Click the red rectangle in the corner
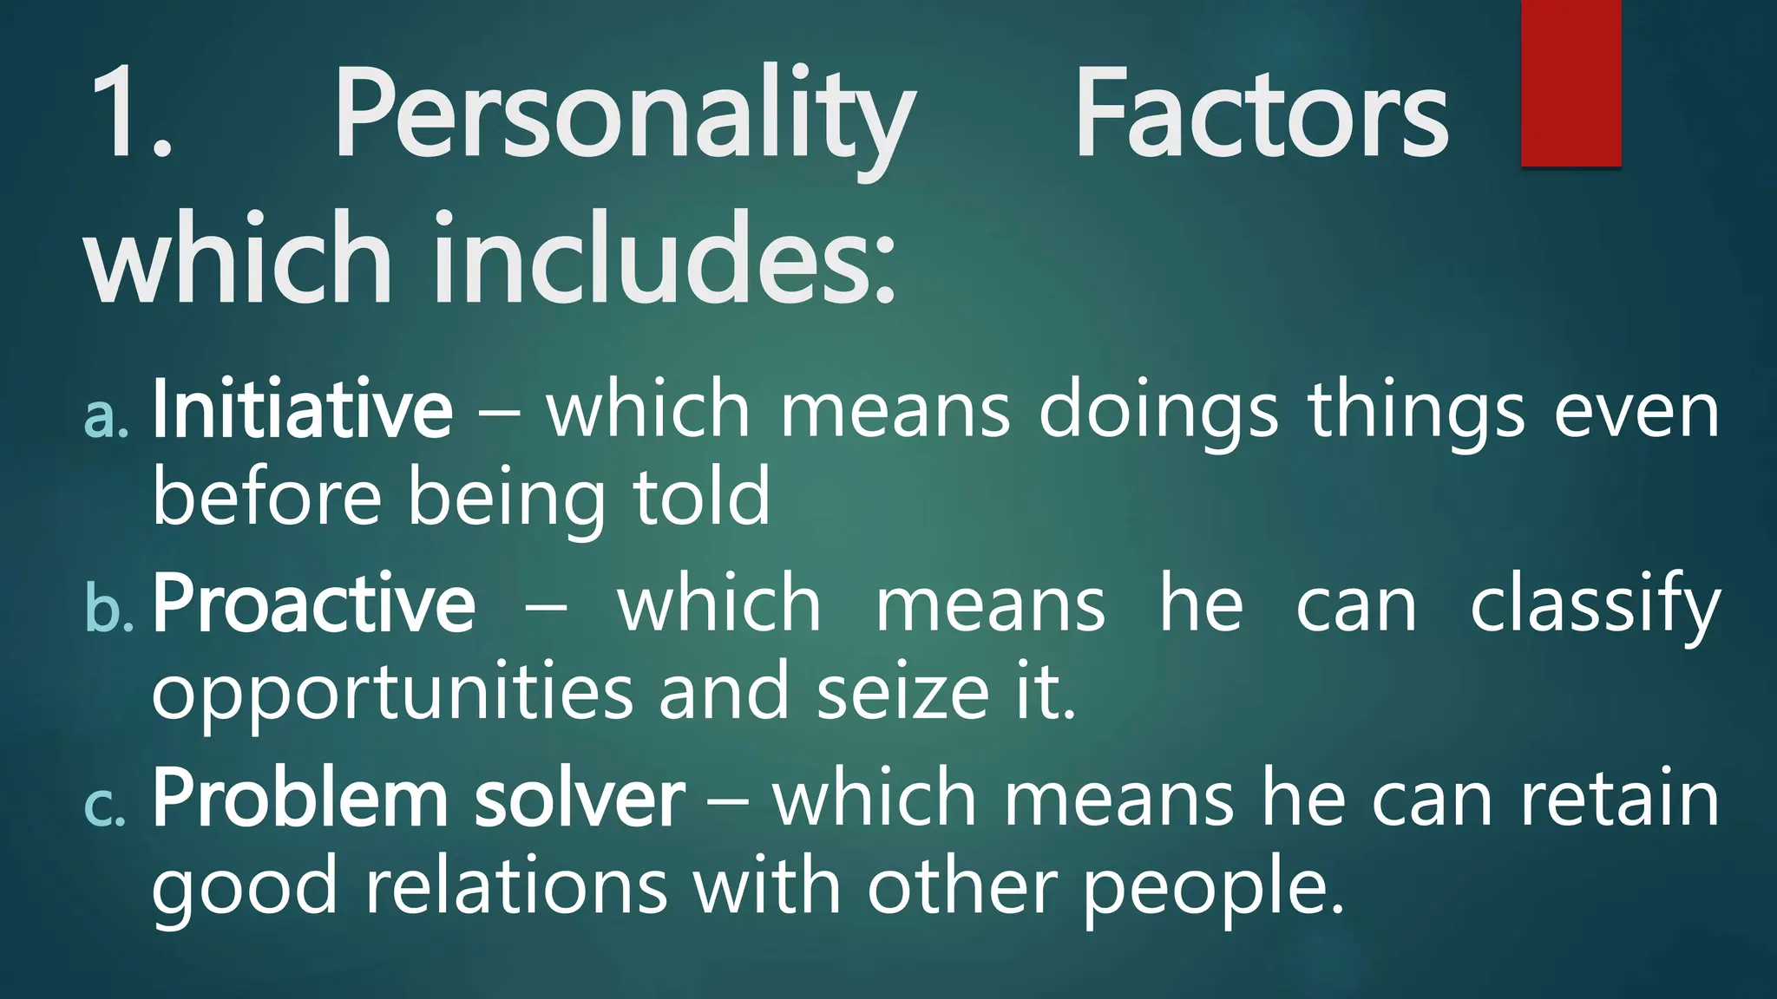coord(1571,82)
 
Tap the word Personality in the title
coord(625,117)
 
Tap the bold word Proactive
coord(314,603)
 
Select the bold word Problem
coord(300,798)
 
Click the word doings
coord(1158,412)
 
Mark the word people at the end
coord(1206,890)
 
